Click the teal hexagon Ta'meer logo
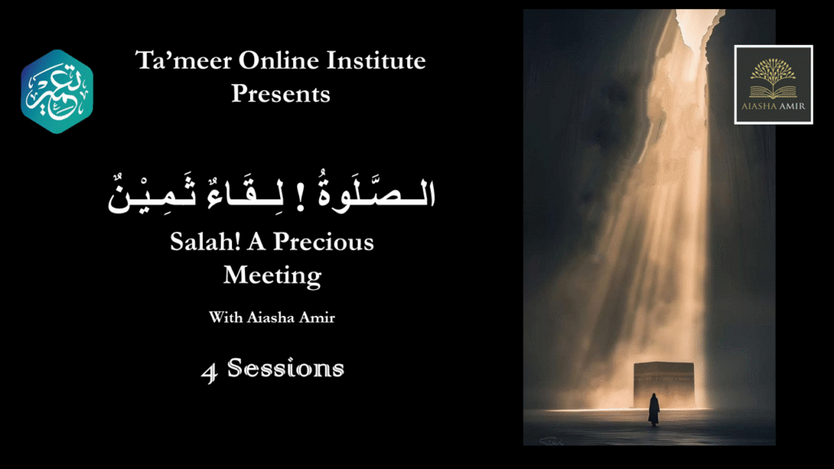click(57, 91)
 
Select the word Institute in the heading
click(376, 60)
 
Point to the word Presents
click(281, 94)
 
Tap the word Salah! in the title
click(204, 242)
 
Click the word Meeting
click(272, 275)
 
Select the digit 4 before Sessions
click(209, 372)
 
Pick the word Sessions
click(286, 368)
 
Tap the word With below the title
click(226, 318)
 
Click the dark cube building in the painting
click(664, 385)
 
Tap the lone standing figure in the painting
click(654, 410)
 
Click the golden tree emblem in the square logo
click(773, 78)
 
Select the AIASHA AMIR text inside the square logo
click(774, 106)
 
